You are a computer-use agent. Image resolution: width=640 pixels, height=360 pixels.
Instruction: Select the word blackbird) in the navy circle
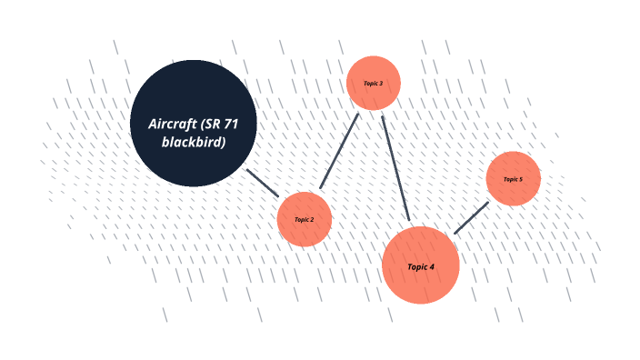coord(194,142)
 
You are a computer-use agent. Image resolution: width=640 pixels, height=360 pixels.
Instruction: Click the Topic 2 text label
coord(304,219)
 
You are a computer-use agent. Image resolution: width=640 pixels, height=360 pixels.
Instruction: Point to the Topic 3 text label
coord(374,84)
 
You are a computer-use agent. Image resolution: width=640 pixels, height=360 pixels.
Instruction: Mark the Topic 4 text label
coord(420,267)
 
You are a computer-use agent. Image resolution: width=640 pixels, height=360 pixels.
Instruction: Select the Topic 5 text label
coord(513,179)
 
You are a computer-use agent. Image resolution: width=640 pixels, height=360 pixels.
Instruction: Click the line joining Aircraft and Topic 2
coord(263,183)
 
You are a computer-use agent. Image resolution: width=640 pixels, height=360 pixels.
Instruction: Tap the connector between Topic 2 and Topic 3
coord(340,151)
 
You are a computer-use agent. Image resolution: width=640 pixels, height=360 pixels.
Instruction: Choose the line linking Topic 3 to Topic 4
coord(395,167)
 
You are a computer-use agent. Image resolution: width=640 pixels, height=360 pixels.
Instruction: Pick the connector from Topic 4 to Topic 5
coord(471,218)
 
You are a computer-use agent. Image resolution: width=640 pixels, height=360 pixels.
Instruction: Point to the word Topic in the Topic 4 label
coord(416,267)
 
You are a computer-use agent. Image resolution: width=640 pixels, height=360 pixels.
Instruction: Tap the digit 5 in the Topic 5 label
coord(520,179)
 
